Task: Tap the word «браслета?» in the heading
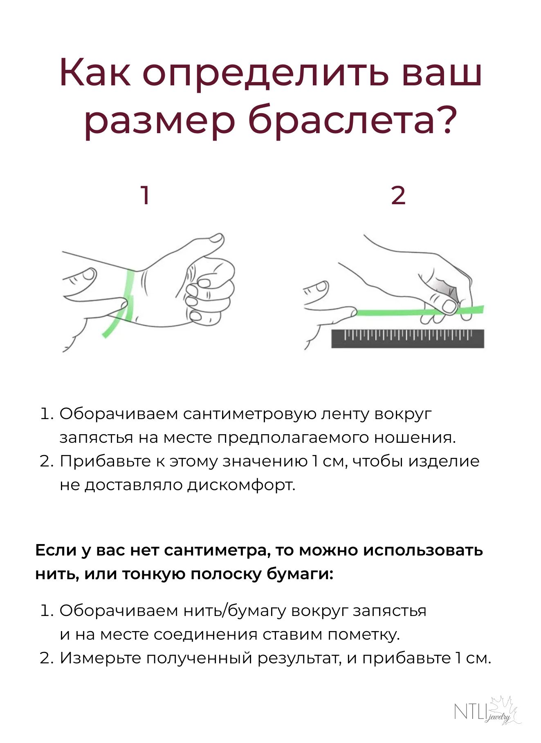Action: (x=352, y=121)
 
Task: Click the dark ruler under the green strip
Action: (x=407, y=339)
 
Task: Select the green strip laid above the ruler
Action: (x=420, y=312)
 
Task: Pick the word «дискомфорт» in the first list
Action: (x=240, y=485)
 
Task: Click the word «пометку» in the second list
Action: (x=363, y=635)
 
